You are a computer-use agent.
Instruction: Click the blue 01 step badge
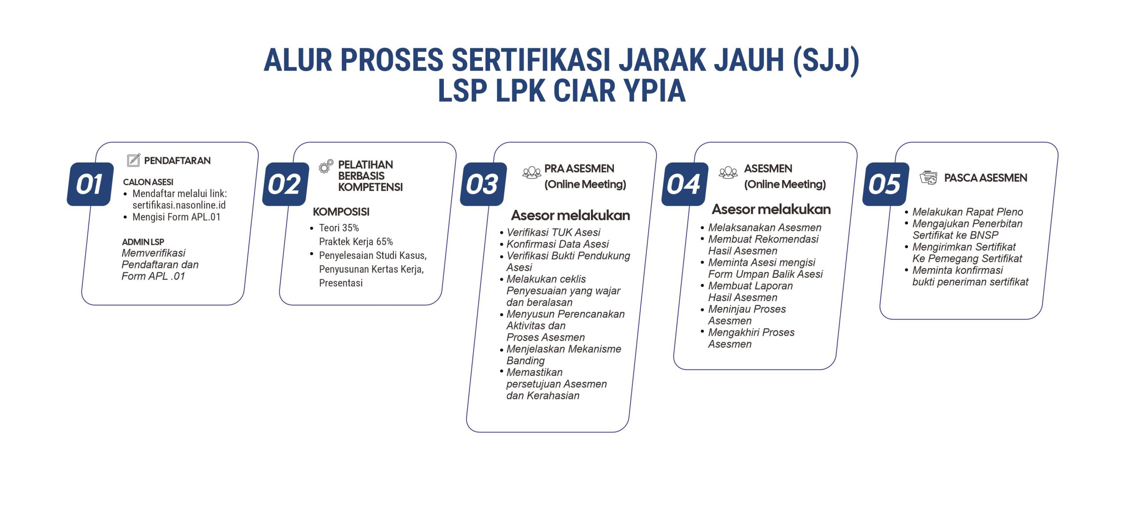(x=90, y=184)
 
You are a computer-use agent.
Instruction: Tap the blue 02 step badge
(x=286, y=184)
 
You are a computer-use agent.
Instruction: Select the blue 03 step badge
(x=483, y=184)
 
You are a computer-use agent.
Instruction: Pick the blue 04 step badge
(x=685, y=184)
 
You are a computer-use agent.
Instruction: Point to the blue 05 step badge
(x=885, y=184)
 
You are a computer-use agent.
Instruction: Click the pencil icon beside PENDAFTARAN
(x=134, y=160)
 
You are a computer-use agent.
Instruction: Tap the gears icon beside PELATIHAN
(x=326, y=166)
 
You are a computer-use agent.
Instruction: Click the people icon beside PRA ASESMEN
(x=532, y=172)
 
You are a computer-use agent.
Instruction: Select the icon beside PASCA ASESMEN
(x=929, y=178)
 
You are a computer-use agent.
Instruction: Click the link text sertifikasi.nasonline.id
(x=179, y=205)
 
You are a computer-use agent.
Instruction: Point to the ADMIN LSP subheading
(x=143, y=242)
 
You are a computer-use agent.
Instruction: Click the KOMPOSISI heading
(x=341, y=212)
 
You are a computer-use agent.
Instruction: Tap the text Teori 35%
(x=339, y=228)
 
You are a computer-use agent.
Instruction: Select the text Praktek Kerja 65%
(x=356, y=241)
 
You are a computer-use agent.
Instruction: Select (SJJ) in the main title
(x=826, y=60)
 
